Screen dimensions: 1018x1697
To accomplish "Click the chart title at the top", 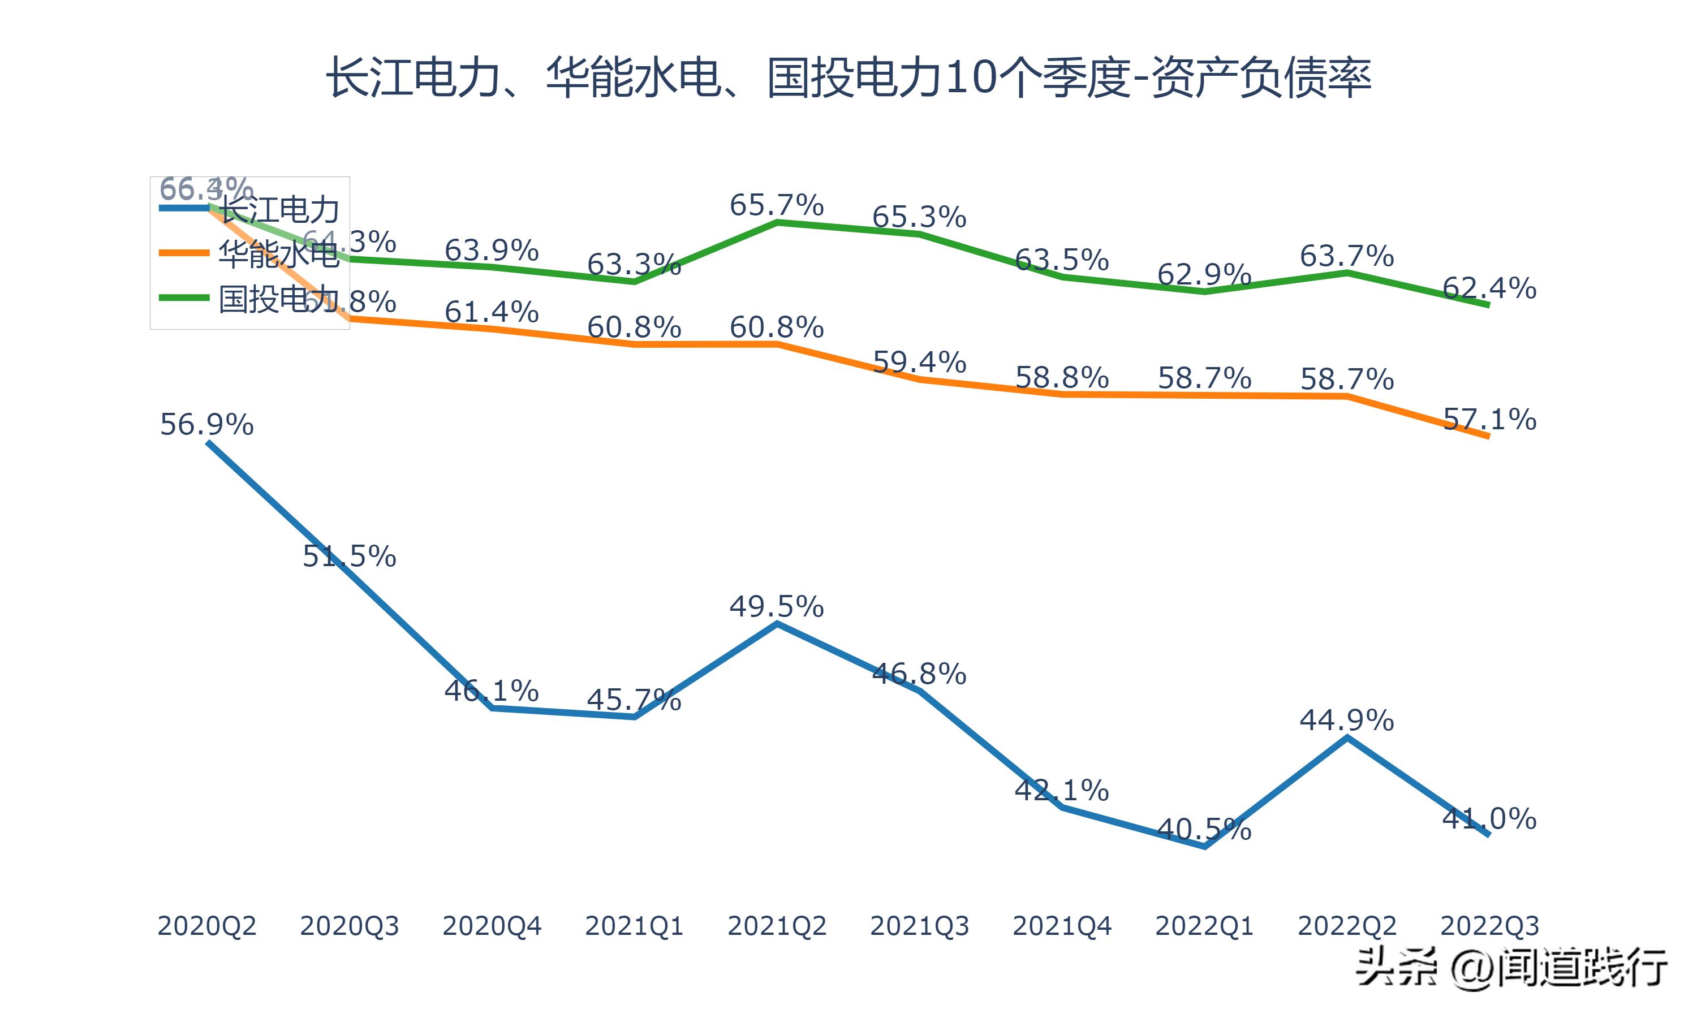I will (x=848, y=77).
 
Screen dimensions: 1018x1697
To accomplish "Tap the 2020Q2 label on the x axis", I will (x=206, y=926).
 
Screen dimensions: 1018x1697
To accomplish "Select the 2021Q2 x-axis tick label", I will (x=777, y=926).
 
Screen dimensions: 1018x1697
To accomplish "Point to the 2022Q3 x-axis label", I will (x=1489, y=926).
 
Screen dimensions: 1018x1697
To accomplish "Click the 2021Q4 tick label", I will (x=1062, y=926).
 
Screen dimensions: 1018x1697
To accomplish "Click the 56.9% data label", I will (x=206, y=425).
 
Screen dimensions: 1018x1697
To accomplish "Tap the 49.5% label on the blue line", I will (x=777, y=606).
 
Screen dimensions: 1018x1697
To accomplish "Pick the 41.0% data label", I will (x=1489, y=818).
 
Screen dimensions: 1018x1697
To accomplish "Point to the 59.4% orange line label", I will (x=919, y=362).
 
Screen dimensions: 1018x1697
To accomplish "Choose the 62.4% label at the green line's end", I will (x=1489, y=288).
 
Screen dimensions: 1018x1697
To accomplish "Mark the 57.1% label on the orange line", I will (x=1489, y=419).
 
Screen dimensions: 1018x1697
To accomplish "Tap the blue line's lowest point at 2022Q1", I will (x=1204, y=847).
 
